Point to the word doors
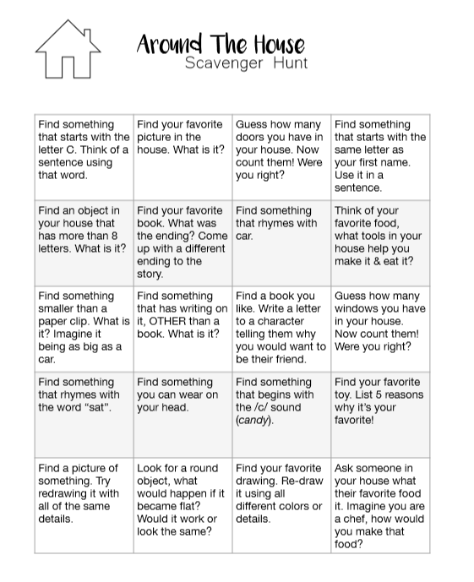[x=253, y=138]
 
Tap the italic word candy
[x=253, y=420]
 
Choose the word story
[x=150, y=274]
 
